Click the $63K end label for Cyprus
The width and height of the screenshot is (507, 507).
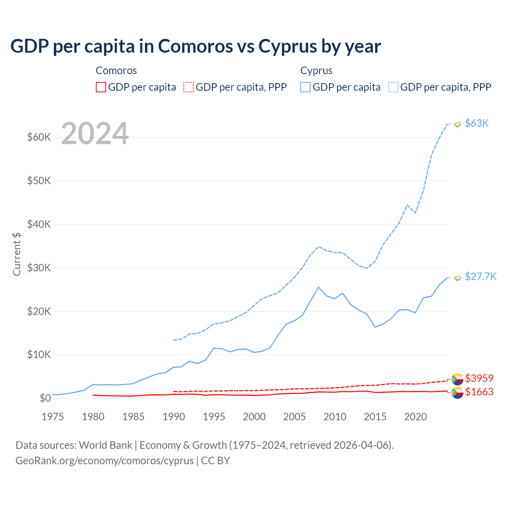pos(477,123)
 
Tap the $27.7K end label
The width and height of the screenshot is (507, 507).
pos(480,276)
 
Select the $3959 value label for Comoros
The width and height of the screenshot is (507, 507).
pos(479,378)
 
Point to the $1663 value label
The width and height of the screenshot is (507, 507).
pos(479,392)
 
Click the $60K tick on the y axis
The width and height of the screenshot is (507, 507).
pos(39,137)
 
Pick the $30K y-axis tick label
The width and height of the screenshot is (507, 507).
pos(39,268)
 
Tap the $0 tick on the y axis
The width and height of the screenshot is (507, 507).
pos(45,398)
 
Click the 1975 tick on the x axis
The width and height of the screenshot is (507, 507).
pos(53,417)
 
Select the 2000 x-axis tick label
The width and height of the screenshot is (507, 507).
pos(254,417)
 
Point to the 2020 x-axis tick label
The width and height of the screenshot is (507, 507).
pos(416,417)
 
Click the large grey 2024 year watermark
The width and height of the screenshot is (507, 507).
pos(95,133)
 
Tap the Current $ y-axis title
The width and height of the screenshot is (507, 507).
pos(17,254)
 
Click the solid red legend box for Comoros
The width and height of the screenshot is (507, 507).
pos(101,87)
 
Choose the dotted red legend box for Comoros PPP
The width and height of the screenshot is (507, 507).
pos(189,87)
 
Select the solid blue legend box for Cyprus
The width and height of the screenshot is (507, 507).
pos(305,87)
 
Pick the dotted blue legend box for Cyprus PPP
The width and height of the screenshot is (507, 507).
pos(393,87)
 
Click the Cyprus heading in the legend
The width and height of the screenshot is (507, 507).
pos(316,71)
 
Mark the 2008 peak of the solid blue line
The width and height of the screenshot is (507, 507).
pos(318,287)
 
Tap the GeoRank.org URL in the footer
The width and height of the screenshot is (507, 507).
pos(105,461)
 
